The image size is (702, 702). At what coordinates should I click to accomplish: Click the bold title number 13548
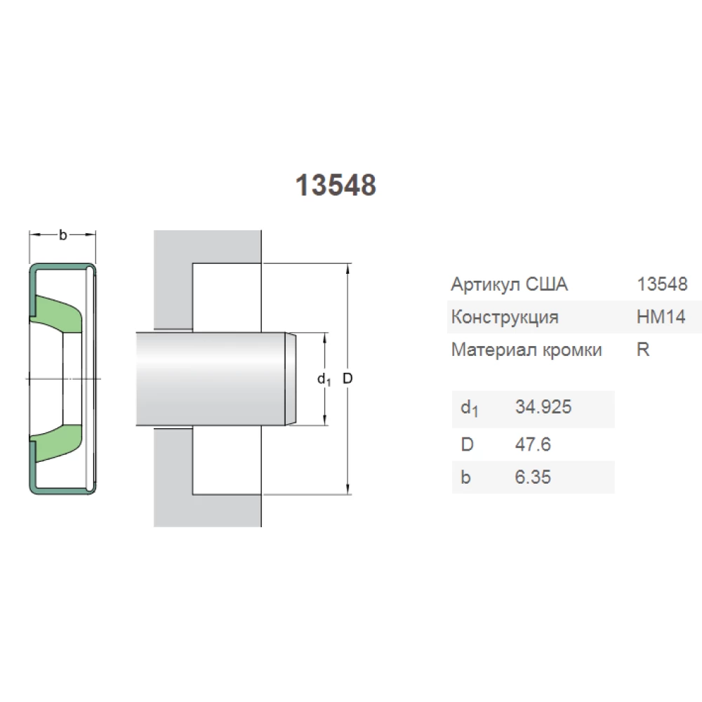[x=336, y=185]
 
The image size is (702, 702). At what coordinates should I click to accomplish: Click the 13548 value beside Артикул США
[x=661, y=284]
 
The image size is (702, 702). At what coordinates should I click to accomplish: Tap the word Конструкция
[x=505, y=317]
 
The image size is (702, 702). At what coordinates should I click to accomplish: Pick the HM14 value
[x=660, y=317]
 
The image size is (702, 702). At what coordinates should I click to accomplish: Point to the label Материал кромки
[x=526, y=350]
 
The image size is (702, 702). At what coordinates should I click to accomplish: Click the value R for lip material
[x=642, y=350]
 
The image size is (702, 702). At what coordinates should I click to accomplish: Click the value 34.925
[x=543, y=407]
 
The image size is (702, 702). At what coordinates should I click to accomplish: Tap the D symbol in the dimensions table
[x=466, y=444]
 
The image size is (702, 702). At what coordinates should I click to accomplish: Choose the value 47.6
[x=533, y=444]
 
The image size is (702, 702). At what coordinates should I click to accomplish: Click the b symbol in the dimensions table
[x=465, y=477]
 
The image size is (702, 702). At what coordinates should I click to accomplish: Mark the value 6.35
[x=533, y=477]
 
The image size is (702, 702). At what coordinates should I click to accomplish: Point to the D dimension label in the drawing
[x=347, y=379]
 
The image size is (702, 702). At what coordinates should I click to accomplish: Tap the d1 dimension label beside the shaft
[x=324, y=380]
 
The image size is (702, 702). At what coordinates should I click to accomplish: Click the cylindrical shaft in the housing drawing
[x=211, y=378]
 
